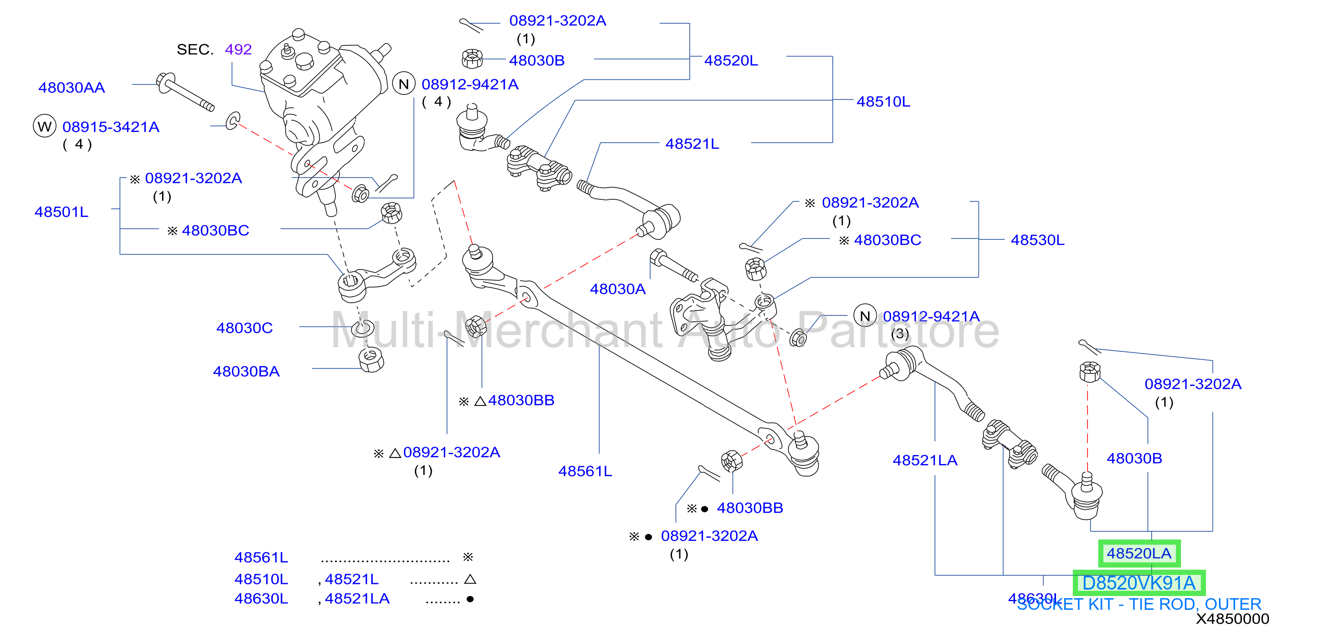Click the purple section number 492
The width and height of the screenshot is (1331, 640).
coord(238,50)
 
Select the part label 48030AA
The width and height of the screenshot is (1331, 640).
coord(72,88)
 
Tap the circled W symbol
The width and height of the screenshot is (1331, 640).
coord(44,126)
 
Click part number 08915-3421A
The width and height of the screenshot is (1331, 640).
coord(111,127)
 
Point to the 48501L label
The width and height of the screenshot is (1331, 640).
coord(62,212)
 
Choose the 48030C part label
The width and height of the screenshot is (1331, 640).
coord(244,328)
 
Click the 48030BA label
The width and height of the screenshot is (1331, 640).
coord(247,371)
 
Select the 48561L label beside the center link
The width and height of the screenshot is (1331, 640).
coord(585,471)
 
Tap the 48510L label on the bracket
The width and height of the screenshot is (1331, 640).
coord(883,101)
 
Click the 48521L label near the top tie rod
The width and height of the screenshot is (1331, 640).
coord(692,144)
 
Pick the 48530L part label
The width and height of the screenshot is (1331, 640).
coord(1037,240)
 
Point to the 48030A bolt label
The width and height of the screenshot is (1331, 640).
coord(618,289)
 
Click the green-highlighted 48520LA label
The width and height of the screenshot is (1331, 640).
coord(1139,554)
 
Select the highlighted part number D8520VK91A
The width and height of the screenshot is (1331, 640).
coord(1139,583)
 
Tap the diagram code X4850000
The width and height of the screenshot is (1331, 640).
coord(1232,619)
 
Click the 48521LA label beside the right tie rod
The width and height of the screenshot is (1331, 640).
coord(925,460)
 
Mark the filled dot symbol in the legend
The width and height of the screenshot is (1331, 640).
coord(470,600)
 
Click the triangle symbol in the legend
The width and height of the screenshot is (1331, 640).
coord(470,580)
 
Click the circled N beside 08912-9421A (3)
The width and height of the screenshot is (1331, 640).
coord(865,316)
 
